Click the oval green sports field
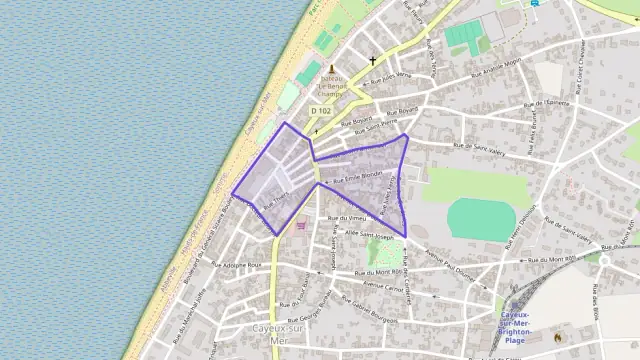[x=478, y=219]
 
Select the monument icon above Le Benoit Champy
[x=331, y=68]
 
